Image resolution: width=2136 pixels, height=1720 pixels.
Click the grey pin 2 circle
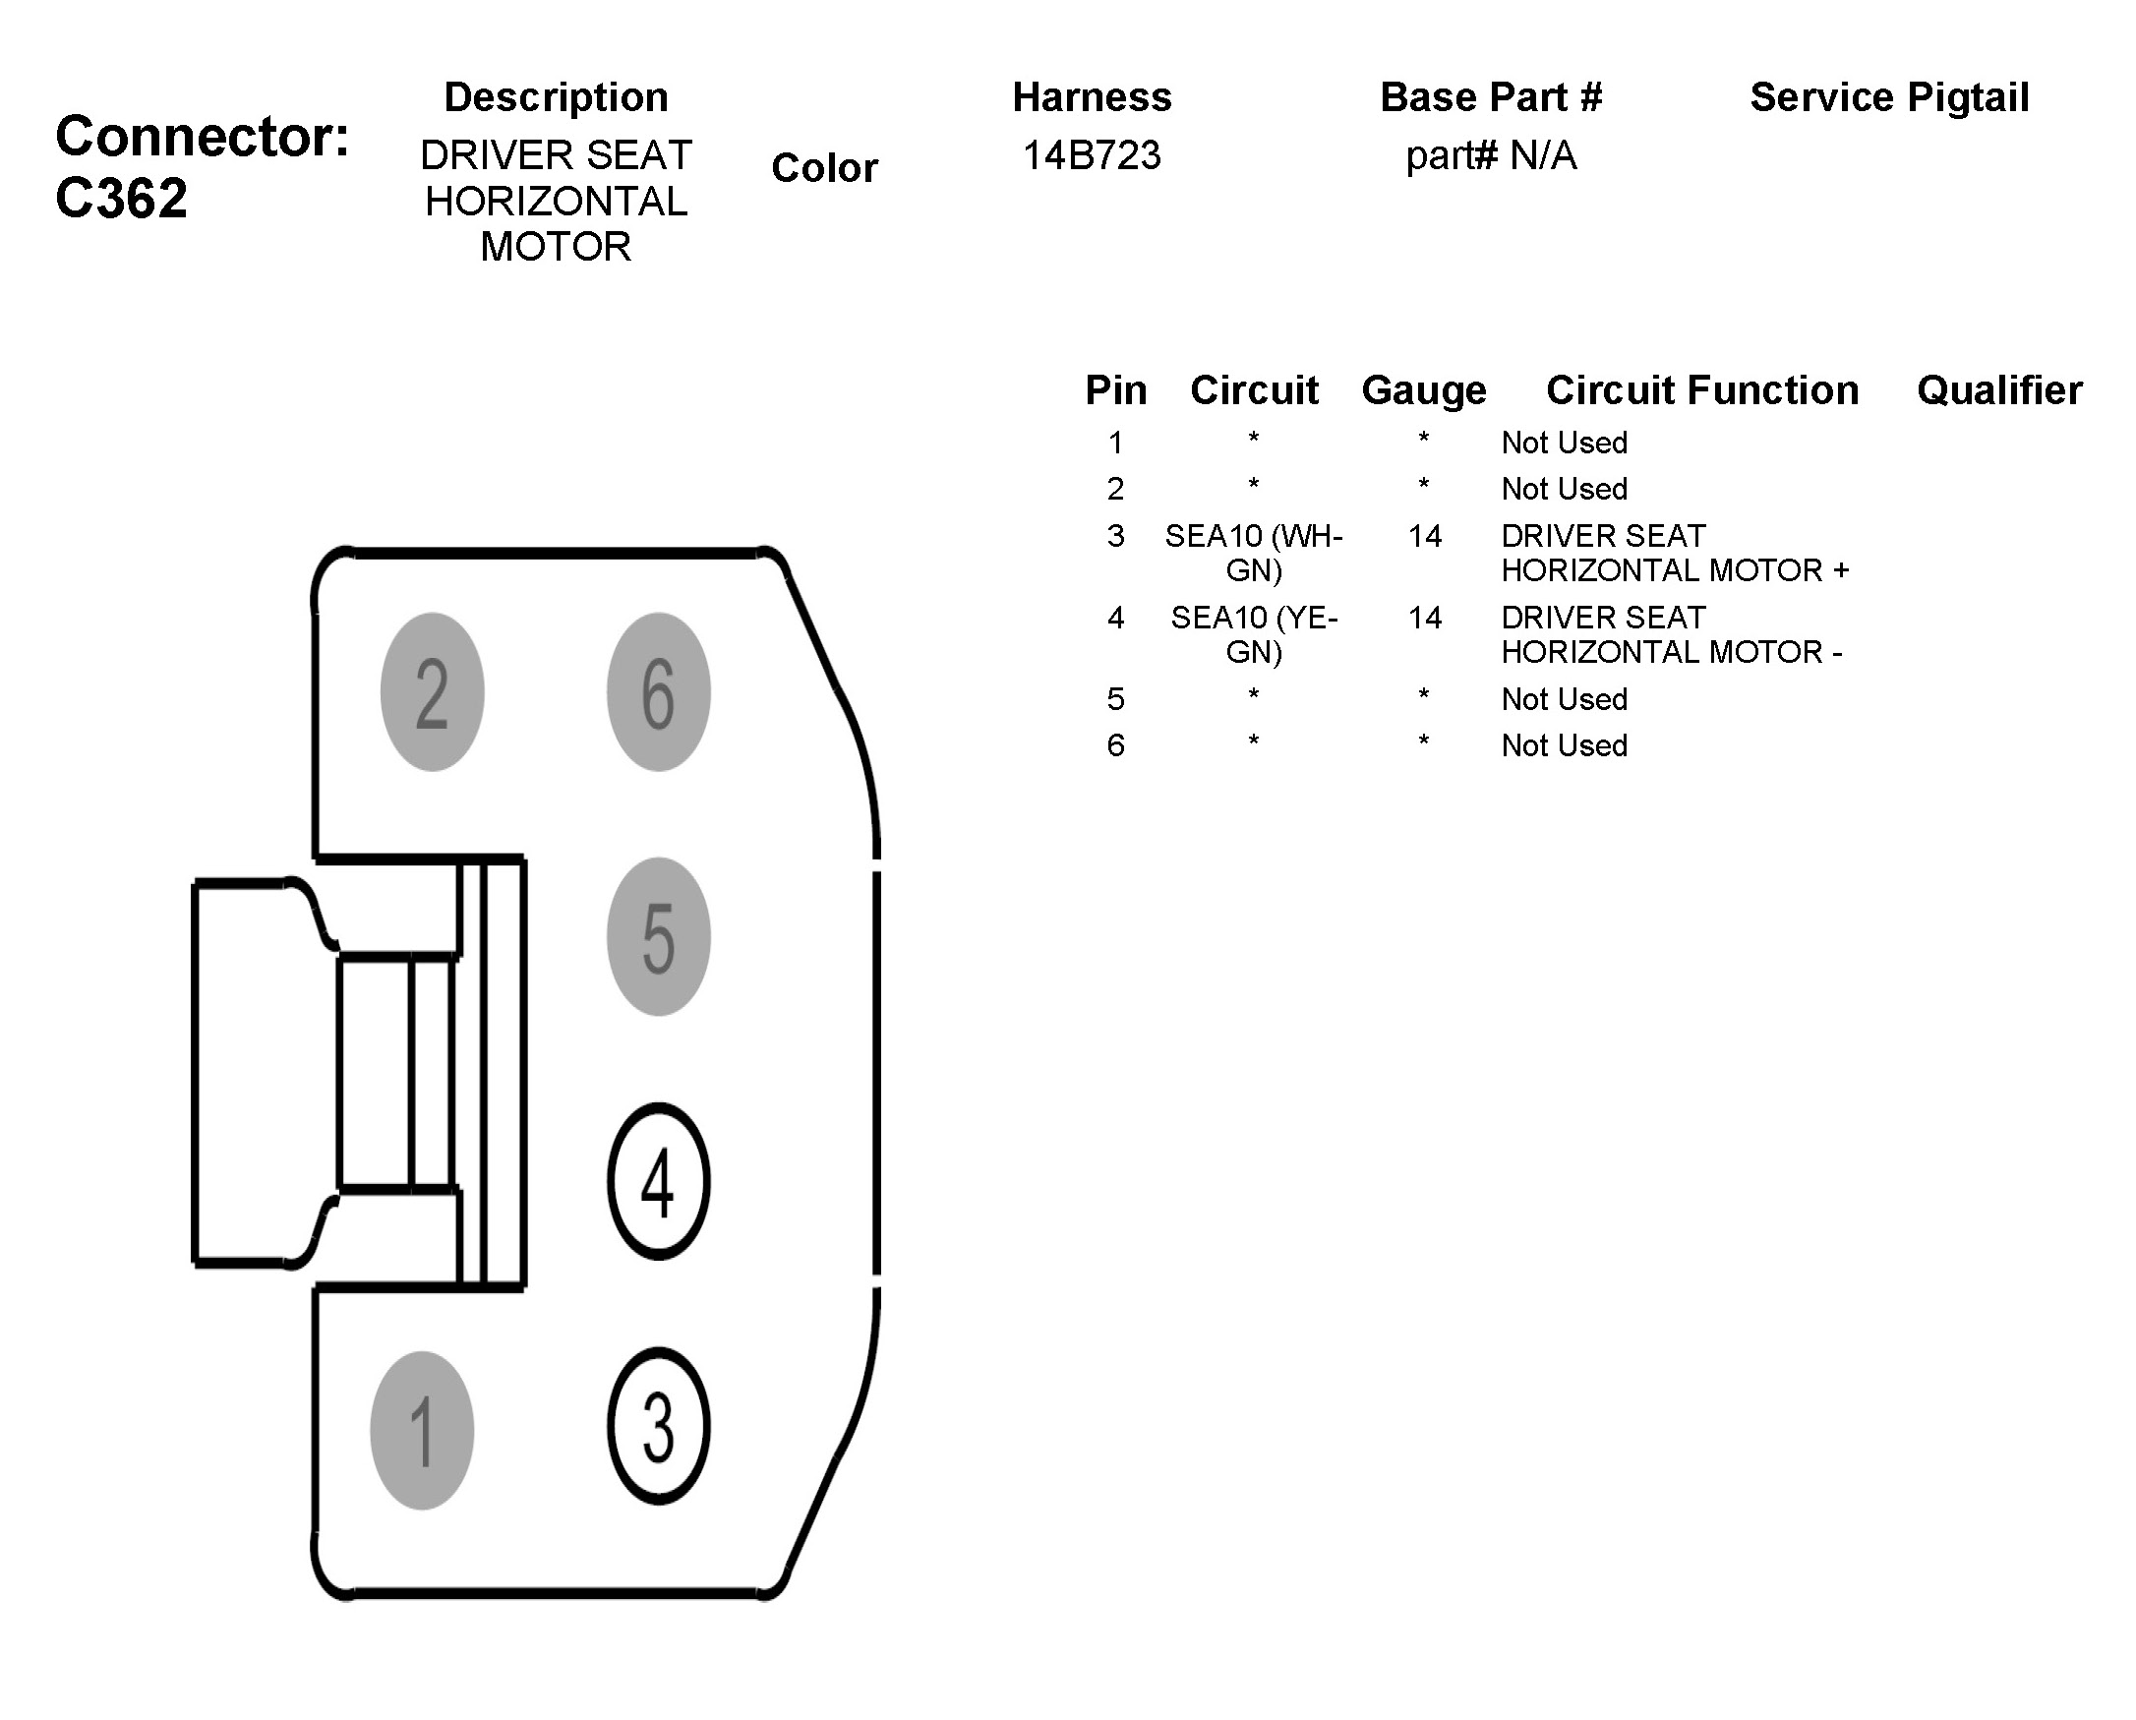432,691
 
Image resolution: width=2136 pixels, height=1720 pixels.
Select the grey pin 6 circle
658,691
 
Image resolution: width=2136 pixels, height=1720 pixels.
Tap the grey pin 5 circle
658,936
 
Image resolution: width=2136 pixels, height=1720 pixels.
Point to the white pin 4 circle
658,1181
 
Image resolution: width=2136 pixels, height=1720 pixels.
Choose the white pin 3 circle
658,1426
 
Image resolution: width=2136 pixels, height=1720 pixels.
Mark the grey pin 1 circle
422,1431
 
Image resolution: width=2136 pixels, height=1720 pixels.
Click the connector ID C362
121,198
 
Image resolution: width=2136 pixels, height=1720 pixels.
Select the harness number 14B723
1091,155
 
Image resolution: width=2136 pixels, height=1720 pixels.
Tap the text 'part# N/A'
1490,155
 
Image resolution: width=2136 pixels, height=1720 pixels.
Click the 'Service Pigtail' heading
1889,97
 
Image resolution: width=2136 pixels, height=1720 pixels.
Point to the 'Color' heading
824,168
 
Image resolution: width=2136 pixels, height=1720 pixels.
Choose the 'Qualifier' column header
1999,390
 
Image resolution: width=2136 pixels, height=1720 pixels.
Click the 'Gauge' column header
1424,390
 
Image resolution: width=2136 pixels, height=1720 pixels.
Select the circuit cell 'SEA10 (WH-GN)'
1253,553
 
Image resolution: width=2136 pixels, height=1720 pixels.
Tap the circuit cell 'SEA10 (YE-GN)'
1253,634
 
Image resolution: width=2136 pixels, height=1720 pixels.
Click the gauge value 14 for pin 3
1425,536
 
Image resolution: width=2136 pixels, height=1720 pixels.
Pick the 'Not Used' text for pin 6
1565,745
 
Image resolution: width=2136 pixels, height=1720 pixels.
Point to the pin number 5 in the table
1115,699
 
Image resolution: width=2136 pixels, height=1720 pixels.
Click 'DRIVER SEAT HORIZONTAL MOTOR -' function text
1672,634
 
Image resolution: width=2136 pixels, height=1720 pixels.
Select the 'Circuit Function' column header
1702,390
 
